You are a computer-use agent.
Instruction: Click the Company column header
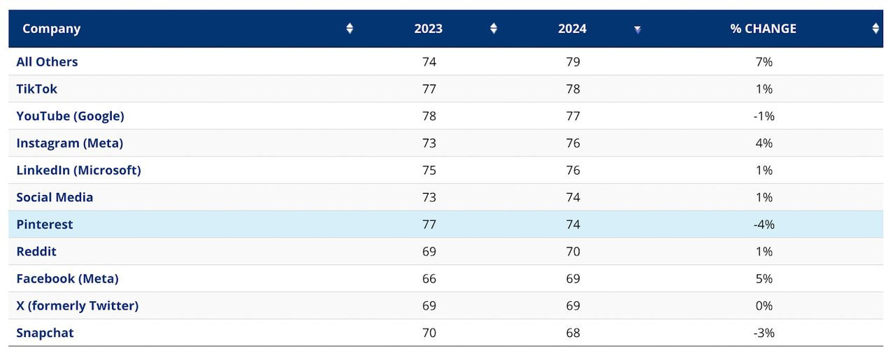pos(52,29)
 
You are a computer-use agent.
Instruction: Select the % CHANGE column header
pos(764,29)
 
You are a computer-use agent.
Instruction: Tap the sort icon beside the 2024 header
pos(637,29)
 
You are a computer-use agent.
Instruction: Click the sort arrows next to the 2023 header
pos(493,29)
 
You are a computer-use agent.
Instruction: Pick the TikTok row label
pos(37,89)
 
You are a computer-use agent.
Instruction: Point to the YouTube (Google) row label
pos(70,116)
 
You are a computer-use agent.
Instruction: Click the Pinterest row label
pos(45,224)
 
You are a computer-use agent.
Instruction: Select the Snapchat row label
pos(45,333)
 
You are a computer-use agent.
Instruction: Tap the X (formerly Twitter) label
pos(78,305)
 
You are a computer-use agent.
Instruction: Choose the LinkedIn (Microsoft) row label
pos(78,170)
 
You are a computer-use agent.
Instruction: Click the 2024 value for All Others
pos(573,62)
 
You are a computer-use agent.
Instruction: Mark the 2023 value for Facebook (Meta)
pos(429,278)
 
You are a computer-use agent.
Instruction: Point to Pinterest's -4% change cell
pos(764,224)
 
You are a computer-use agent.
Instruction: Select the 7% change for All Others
pos(764,62)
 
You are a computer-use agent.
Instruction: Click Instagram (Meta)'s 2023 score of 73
pos(429,143)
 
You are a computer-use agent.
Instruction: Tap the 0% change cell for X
pos(764,305)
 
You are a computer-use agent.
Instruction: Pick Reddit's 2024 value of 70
pos(573,252)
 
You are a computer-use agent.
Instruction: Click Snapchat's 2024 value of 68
pos(573,333)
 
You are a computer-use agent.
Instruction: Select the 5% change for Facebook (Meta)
pos(764,278)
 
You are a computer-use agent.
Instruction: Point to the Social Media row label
pos(55,197)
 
